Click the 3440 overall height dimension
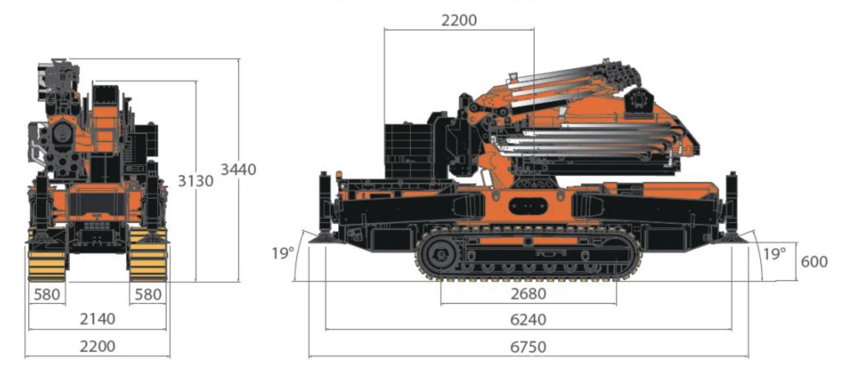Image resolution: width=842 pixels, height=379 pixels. click(x=238, y=170)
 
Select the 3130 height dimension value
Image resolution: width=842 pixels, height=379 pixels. click(x=195, y=181)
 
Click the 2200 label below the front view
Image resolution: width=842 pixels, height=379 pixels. click(x=97, y=346)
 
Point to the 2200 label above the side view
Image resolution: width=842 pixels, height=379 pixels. click(x=459, y=21)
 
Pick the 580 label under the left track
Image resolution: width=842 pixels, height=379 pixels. click(x=47, y=295)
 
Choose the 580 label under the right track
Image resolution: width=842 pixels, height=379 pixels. click(x=148, y=295)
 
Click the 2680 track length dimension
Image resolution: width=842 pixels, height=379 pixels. click(x=528, y=294)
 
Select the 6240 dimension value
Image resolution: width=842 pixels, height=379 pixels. click(x=528, y=319)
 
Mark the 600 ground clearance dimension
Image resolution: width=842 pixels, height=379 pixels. click(x=814, y=262)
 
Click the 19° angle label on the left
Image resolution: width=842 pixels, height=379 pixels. click(x=283, y=253)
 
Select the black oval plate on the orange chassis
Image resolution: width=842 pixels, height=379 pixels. click(x=528, y=206)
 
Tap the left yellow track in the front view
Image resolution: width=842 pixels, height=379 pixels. click(x=47, y=264)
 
